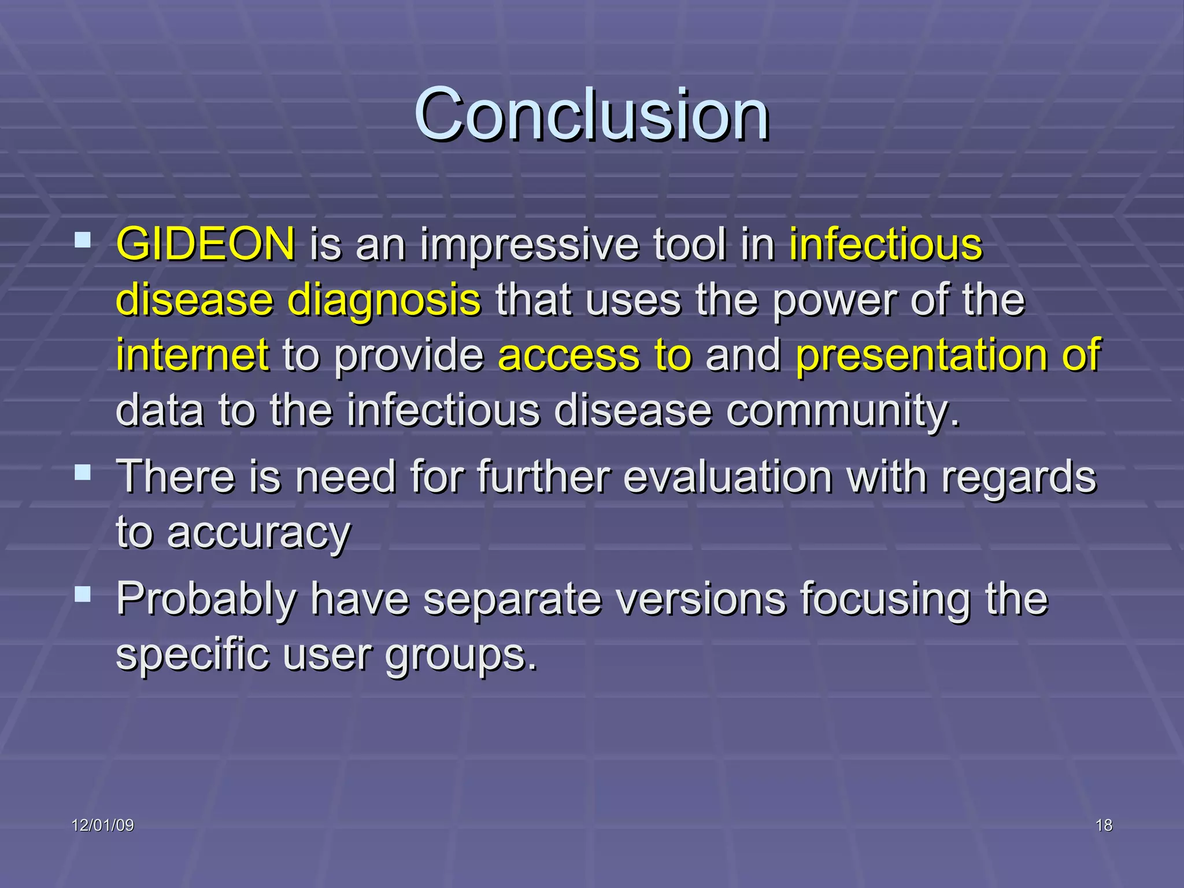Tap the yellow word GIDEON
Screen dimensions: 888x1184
(x=206, y=244)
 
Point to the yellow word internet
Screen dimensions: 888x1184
(x=193, y=354)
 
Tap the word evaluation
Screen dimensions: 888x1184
(x=728, y=477)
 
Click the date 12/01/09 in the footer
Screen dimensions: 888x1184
(x=103, y=826)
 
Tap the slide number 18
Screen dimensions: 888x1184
(x=1104, y=826)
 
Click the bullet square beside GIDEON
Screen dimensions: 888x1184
(x=83, y=239)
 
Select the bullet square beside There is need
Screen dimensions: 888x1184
(x=83, y=472)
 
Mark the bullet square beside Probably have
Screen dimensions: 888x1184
(x=83, y=594)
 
